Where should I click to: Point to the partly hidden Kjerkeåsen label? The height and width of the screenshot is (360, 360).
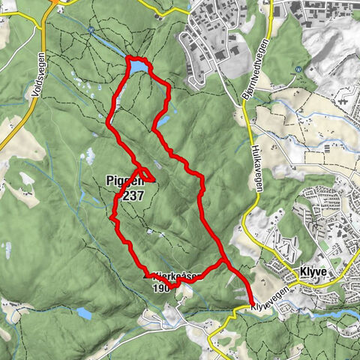180,276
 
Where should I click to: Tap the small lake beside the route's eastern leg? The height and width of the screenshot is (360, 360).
162,119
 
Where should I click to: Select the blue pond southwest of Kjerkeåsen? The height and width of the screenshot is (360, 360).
84,313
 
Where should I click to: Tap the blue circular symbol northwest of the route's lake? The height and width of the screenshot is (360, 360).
90,30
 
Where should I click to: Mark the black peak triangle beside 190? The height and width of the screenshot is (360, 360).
145,276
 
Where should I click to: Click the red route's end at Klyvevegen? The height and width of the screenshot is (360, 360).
249,304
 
